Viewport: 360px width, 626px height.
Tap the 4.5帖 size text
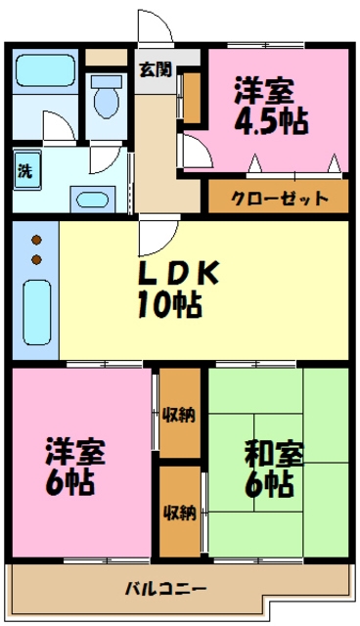pyautogui.click(x=271, y=120)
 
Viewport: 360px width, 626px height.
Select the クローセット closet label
pyautogui.click(x=279, y=198)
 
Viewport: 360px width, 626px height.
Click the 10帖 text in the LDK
pyautogui.click(x=168, y=305)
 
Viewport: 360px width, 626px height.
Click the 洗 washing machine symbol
pyautogui.click(x=24, y=168)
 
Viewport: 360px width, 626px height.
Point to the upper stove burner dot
pyautogui.click(x=36, y=241)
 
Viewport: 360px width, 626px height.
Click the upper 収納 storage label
pyautogui.click(x=179, y=414)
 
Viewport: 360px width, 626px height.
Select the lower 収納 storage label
pyautogui.click(x=179, y=512)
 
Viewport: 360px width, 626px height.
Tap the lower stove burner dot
pyautogui.click(x=36, y=258)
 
